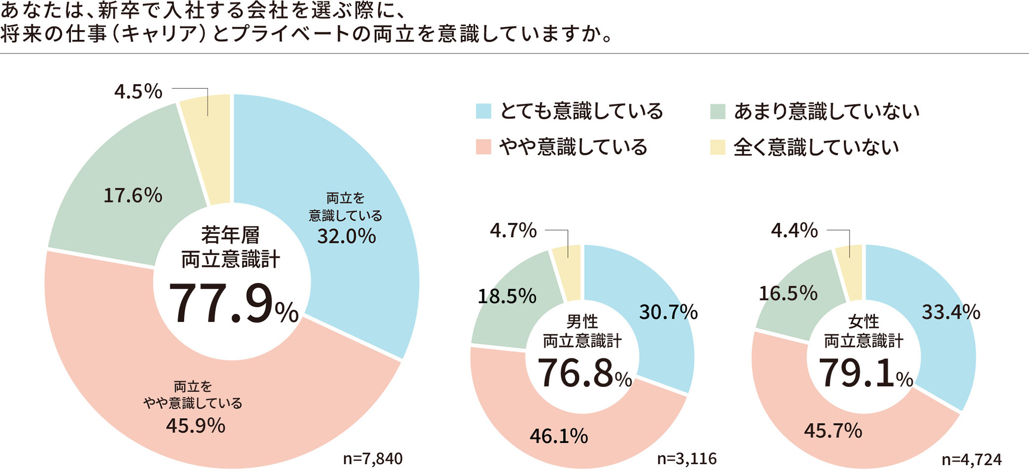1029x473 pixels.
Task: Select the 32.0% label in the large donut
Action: click(346, 236)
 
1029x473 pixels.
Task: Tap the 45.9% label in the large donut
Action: click(195, 426)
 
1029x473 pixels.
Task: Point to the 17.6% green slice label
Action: click(133, 195)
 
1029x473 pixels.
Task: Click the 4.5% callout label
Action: click(138, 92)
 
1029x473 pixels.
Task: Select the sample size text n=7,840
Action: click(373, 459)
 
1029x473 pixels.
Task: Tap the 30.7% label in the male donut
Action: click(668, 312)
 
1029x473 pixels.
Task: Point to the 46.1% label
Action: click(559, 436)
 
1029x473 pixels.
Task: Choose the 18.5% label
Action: click(507, 296)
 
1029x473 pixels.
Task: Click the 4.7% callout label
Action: click(513, 231)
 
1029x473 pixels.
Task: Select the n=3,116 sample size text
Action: click(687, 459)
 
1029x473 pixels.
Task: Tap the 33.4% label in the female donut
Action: click(950, 312)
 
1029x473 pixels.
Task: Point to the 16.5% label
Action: click(788, 293)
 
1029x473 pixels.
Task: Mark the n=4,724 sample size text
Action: click(971, 460)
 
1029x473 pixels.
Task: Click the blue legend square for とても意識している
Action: click(483, 111)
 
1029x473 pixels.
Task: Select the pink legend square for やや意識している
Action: click(483, 147)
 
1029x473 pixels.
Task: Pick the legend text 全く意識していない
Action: click(816, 147)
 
